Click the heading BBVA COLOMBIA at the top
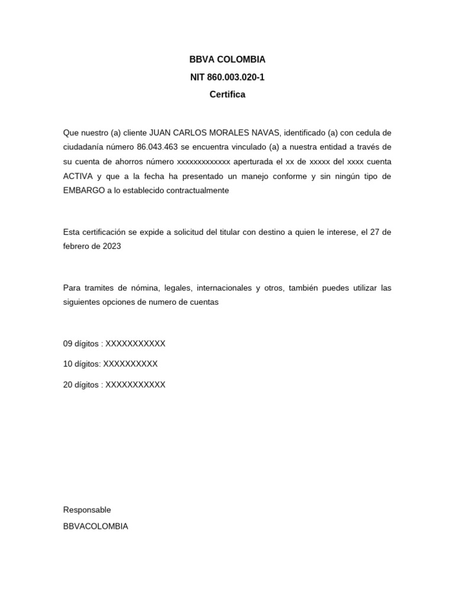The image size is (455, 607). click(227, 59)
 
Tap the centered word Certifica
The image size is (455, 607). click(227, 94)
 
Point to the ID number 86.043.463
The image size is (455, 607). click(158, 147)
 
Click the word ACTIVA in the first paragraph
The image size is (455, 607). click(78, 176)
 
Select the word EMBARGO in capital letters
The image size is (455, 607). click(83, 190)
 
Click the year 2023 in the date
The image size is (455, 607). click(111, 246)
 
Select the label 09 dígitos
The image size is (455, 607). click(81, 344)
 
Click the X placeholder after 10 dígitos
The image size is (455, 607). click(130, 364)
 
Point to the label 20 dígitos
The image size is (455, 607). click(81, 385)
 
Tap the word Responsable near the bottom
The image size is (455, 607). click(87, 510)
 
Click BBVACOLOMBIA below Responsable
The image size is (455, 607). click(95, 526)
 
